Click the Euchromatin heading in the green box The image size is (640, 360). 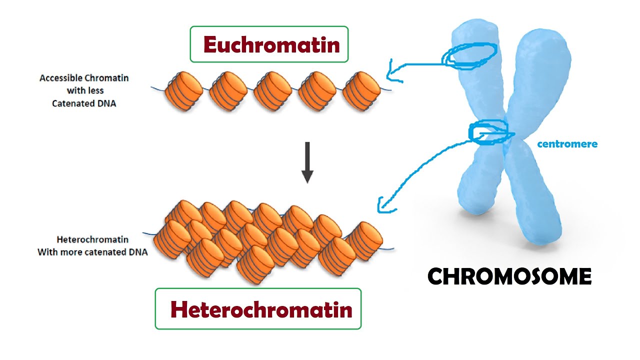(x=271, y=45)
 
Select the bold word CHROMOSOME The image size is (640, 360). (x=509, y=276)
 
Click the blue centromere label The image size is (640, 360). (x=567, y=144)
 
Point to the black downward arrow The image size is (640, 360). (x=307, y=162)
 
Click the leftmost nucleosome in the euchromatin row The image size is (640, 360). (x=183, y=91)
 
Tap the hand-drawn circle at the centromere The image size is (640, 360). (x=490, y=133)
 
